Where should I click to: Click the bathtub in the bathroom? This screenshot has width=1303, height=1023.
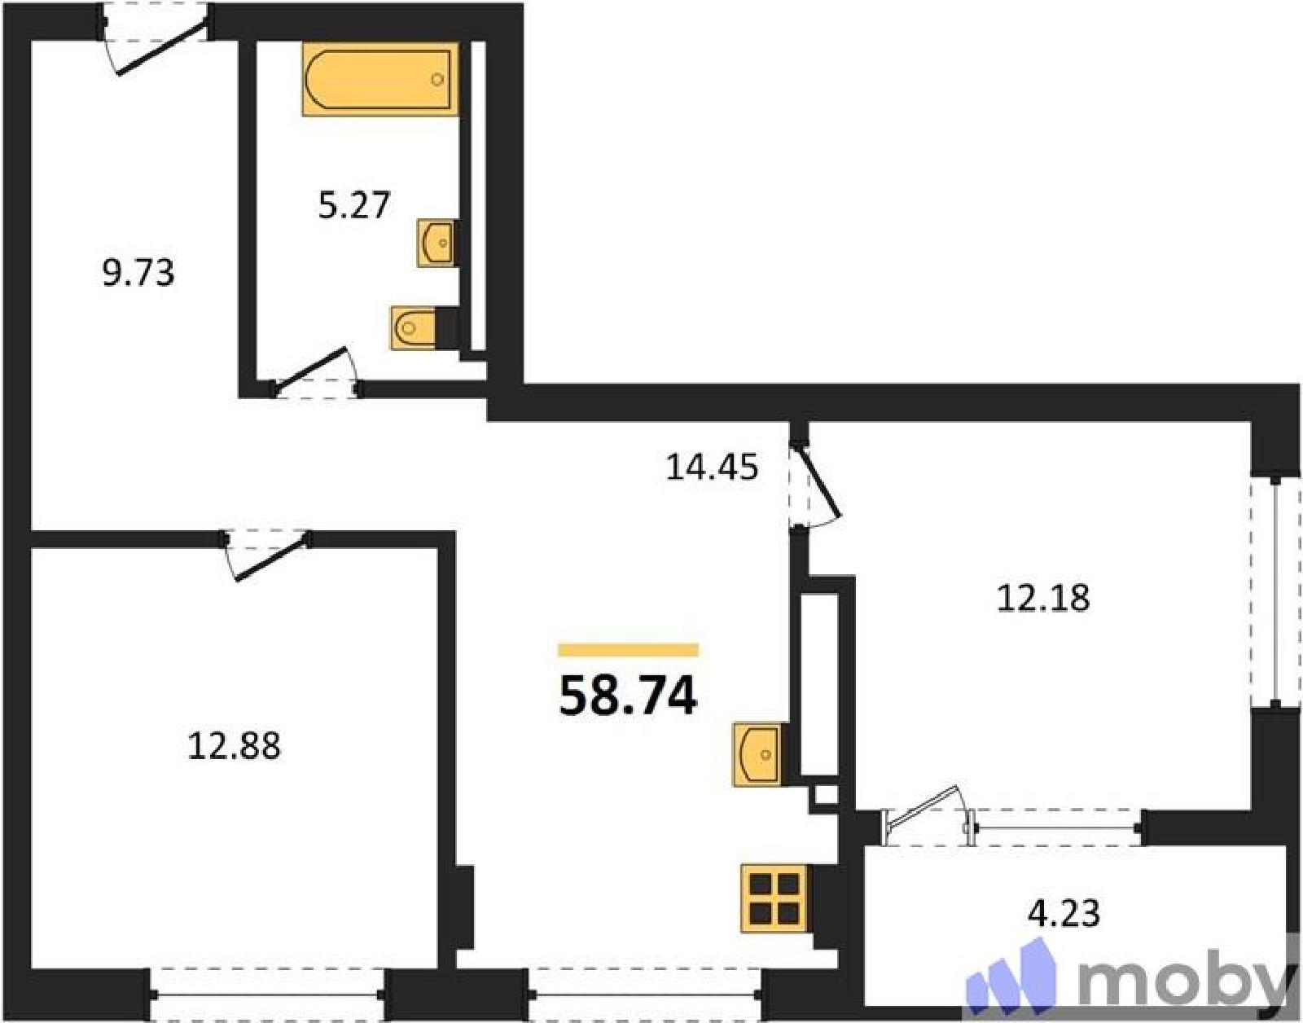coord(380,78)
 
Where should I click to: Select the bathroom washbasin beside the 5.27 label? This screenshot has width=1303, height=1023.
coord(436,242)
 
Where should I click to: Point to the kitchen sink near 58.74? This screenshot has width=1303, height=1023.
coord(757,754)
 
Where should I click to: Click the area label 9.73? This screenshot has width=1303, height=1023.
coord(138,274)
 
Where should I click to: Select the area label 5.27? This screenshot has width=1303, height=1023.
coord(354,205)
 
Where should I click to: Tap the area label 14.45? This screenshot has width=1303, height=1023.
coord(713,468)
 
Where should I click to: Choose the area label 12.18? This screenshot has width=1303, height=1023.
coord(1042,599)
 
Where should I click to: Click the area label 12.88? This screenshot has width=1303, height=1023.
coord(235,747)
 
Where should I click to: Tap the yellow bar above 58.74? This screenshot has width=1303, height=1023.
coord(628,650)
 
